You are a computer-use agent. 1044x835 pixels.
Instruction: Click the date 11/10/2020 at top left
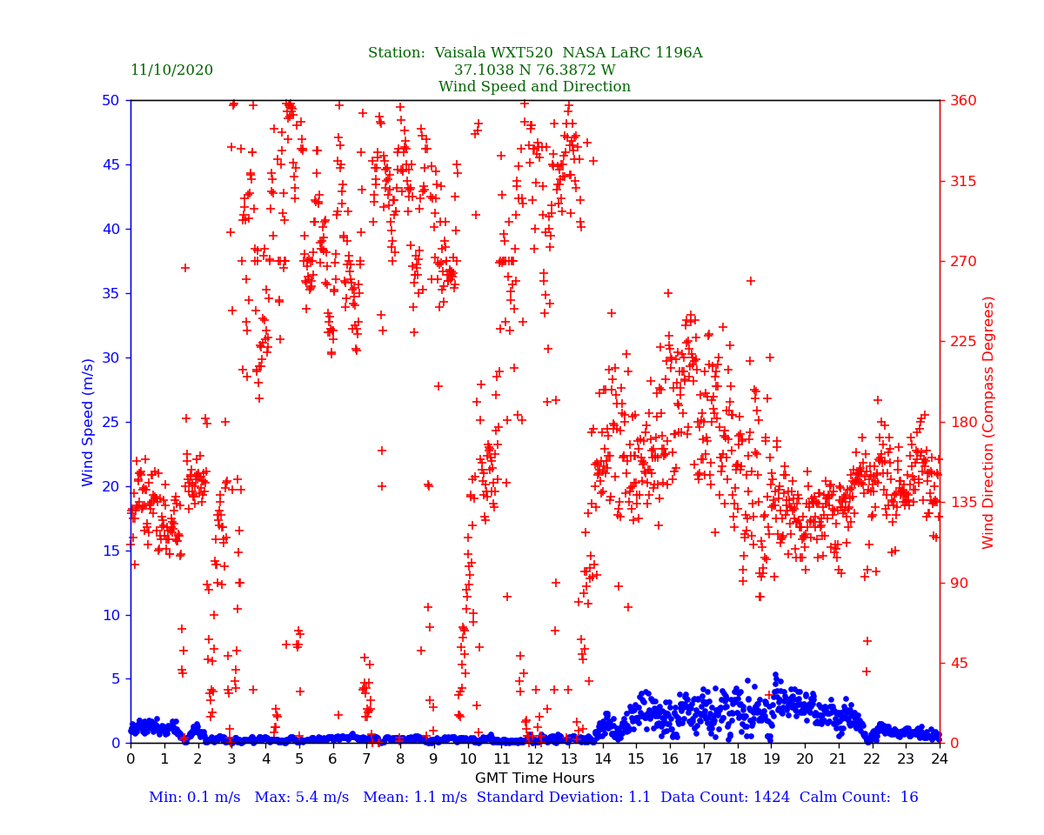pos(171,70)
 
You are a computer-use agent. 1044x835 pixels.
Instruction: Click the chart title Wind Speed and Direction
pos(534,87)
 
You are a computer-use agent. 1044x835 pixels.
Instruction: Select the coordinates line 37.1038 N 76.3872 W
pos(534,70)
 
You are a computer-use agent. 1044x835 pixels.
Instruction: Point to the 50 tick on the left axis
pos(110,100)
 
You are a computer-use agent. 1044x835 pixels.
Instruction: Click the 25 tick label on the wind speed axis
pos(110,422)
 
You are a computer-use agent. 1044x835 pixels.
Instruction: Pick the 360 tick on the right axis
pos(963,100)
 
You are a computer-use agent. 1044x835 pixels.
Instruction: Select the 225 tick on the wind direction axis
pos(963,342)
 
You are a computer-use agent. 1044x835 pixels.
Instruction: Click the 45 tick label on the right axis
pos(959,663)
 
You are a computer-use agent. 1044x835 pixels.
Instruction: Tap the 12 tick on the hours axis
pos(535,759)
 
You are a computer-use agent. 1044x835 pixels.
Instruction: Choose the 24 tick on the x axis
pos(940,759)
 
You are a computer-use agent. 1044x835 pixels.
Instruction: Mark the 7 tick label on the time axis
pos(366,759)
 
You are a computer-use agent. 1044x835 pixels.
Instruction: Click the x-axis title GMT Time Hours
pos(534,778)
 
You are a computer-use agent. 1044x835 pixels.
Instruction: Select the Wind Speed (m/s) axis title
pos(89,422)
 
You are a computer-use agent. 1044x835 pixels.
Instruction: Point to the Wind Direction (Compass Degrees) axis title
pos(988,422)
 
